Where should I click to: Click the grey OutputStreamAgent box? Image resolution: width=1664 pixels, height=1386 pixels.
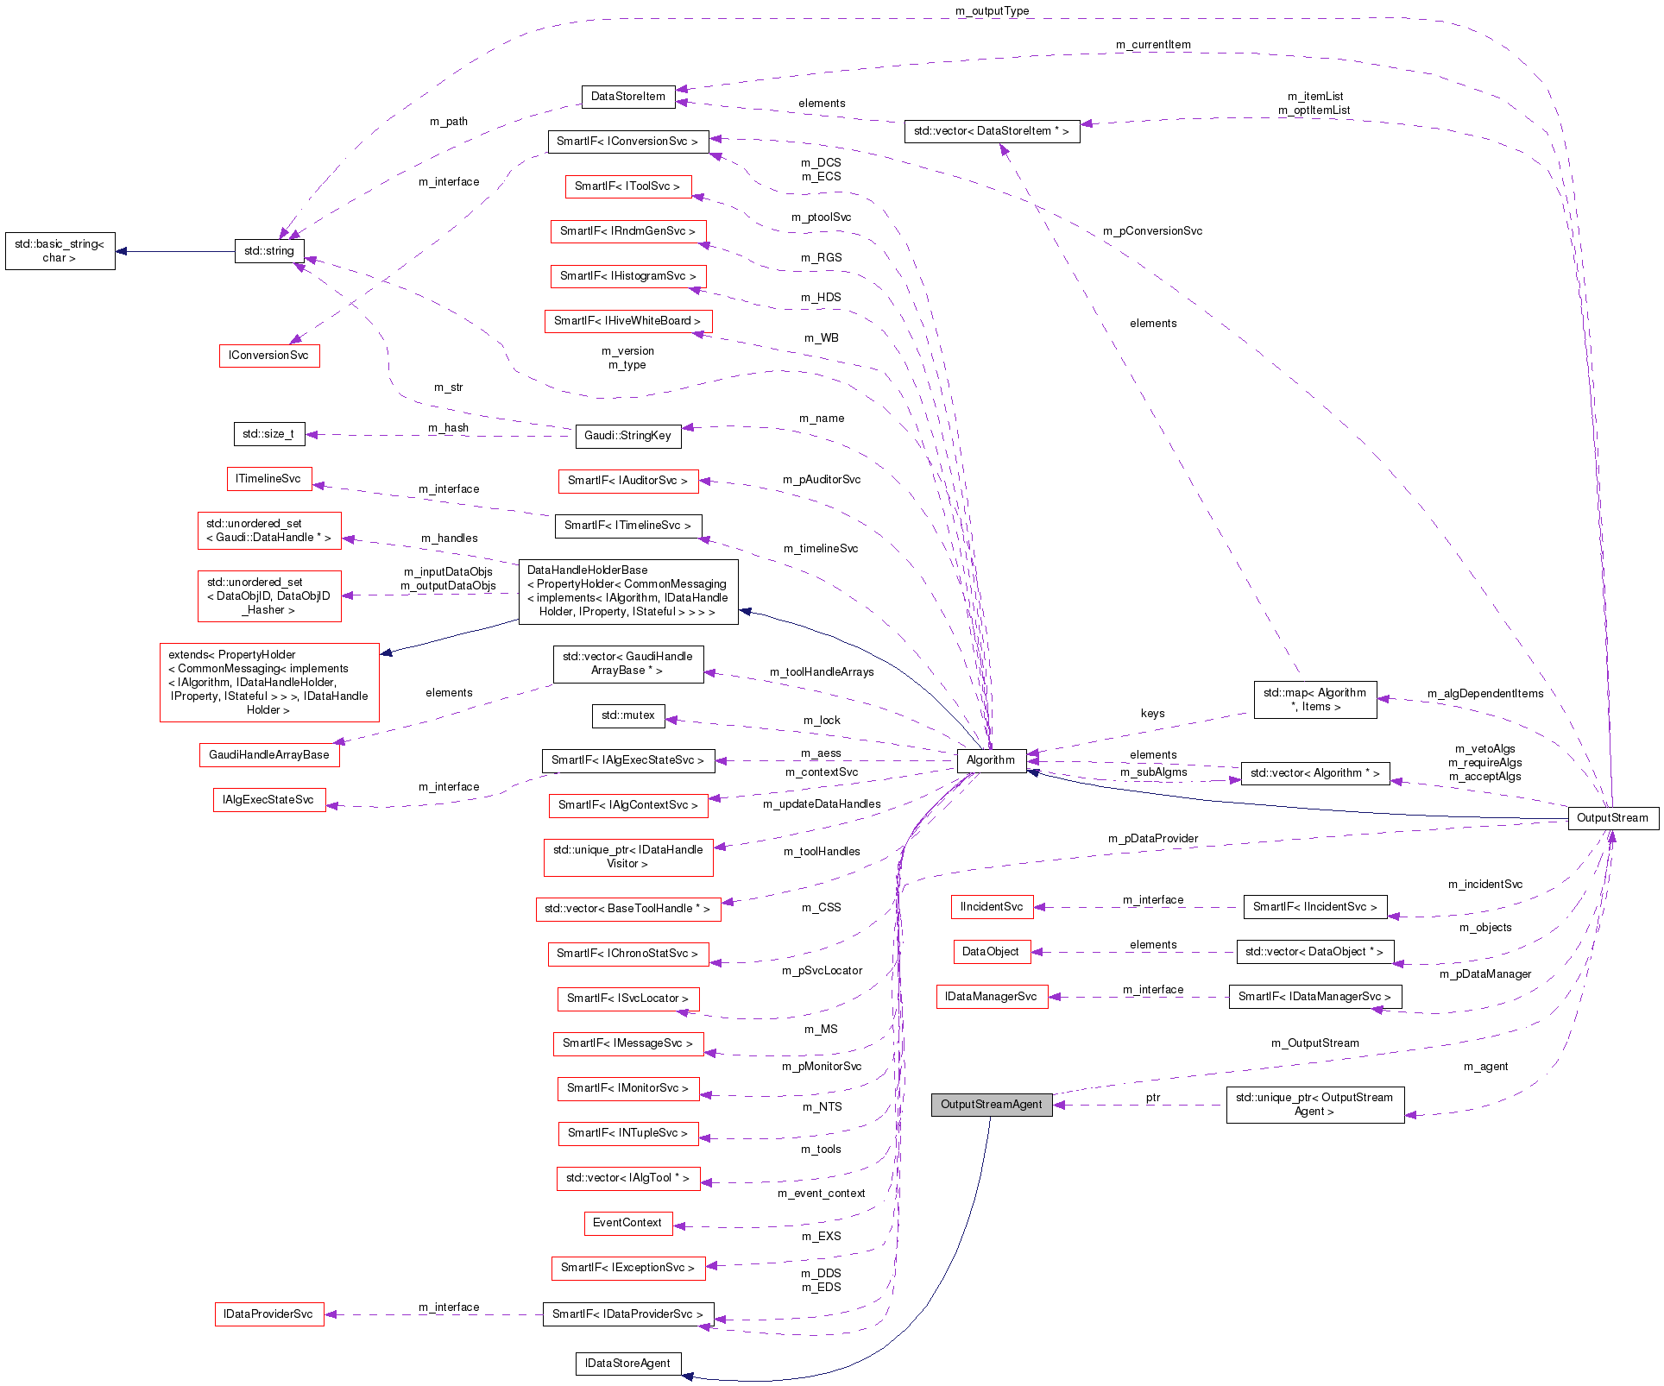click(x=991, y=1105)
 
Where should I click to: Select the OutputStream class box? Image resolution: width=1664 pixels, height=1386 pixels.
click(x=1612, y=818)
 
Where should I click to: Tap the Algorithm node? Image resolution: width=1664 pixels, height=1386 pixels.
click(x=991, y=760)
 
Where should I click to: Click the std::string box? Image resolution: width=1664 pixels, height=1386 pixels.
click(x=269, y=251)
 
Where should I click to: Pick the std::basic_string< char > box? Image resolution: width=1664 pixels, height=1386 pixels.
click(x=60, y=251)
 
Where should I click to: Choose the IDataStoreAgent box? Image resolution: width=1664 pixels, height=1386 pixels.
click(x=627, y=1364)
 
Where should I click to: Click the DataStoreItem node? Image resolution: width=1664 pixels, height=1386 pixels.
click(x=627, y=97)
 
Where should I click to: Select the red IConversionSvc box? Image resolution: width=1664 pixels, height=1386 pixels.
click(x=268, y=356)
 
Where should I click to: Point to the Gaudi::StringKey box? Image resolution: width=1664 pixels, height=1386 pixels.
click(x=627, y=436)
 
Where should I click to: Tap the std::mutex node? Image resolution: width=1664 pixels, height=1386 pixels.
click(x=627, y=715)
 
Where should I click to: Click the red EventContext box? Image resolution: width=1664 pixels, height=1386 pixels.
click(x=627, y=1223)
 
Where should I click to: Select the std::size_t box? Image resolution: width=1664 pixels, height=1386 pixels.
click(x=268, y=434)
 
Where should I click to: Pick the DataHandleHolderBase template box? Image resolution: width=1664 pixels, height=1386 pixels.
click(x=627, y=591)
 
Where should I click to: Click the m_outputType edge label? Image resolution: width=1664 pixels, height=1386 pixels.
click(x=992, y=11)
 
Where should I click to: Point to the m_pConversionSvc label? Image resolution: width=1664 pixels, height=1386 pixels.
click(x=1152, y=231)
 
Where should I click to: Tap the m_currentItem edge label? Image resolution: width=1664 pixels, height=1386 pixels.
click(x=1152, y=45)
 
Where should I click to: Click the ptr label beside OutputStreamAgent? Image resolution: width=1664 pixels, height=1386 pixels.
click(x=1153, y=1098)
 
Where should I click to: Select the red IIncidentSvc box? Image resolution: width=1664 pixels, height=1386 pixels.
click(x=991, y=907)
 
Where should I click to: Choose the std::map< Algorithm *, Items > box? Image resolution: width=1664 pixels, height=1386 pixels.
click(x=1314, y=700)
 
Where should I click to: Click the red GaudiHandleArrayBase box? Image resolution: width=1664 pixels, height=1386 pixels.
click(x=268, y=755)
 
